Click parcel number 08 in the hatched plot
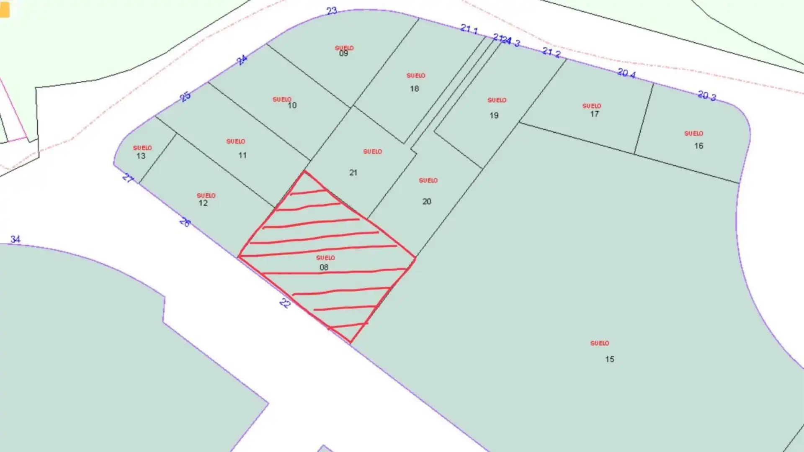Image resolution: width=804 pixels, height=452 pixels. (324, 267)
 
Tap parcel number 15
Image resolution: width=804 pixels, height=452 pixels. (609, 359)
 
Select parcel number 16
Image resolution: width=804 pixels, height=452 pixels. (698, 146)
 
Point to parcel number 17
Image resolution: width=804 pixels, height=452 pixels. (594, 114)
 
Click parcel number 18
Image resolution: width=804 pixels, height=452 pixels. (414, 89)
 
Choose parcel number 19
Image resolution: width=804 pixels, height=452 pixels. (494, 116)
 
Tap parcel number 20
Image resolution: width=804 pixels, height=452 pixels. (426, 202)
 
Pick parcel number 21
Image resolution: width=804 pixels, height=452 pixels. (353, 172)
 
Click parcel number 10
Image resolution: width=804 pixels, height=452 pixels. (292, 105)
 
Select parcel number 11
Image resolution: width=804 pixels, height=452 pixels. (242, 155)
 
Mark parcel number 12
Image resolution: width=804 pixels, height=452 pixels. (203, 203)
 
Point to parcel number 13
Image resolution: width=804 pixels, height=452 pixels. (141, 156)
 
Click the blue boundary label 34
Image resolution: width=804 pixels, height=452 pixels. (15, 239)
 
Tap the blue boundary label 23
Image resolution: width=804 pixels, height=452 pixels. (332, 11)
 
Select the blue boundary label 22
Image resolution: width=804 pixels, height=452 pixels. (285, 303)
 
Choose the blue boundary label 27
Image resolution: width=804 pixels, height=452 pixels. (128, 178)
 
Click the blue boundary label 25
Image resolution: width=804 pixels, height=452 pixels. (185, 97)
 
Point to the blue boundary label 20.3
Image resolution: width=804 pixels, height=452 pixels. (707, 96)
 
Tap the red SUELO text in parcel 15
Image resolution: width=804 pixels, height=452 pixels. (599, 343)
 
